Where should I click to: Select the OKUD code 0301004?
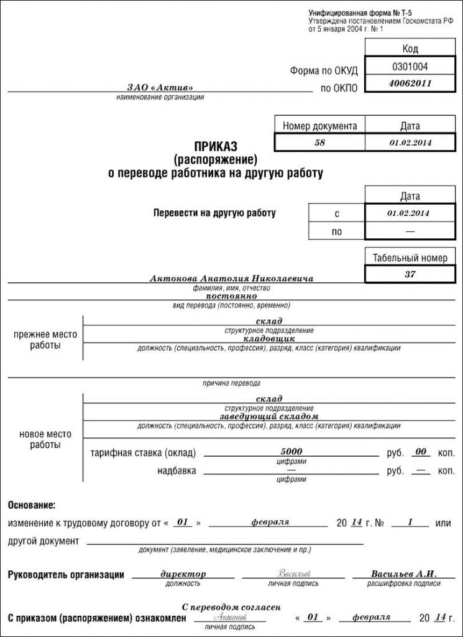(x=410, y=66)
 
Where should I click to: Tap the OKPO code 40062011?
(x=410, y=83)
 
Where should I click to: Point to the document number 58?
(x=319, y=142)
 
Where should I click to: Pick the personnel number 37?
(x=410, y=274)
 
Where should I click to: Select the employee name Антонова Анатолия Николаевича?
(x=231, y=279)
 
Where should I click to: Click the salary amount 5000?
(x=291, y=451)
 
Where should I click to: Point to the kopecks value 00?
(x=421, y=451)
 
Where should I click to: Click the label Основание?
(x=32, y=504)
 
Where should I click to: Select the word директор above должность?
(x=183, y=574)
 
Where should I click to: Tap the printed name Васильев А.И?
(x=404, y=574)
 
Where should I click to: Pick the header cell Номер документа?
(x=319, y=126)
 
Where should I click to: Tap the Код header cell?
(x=410, y=49)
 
